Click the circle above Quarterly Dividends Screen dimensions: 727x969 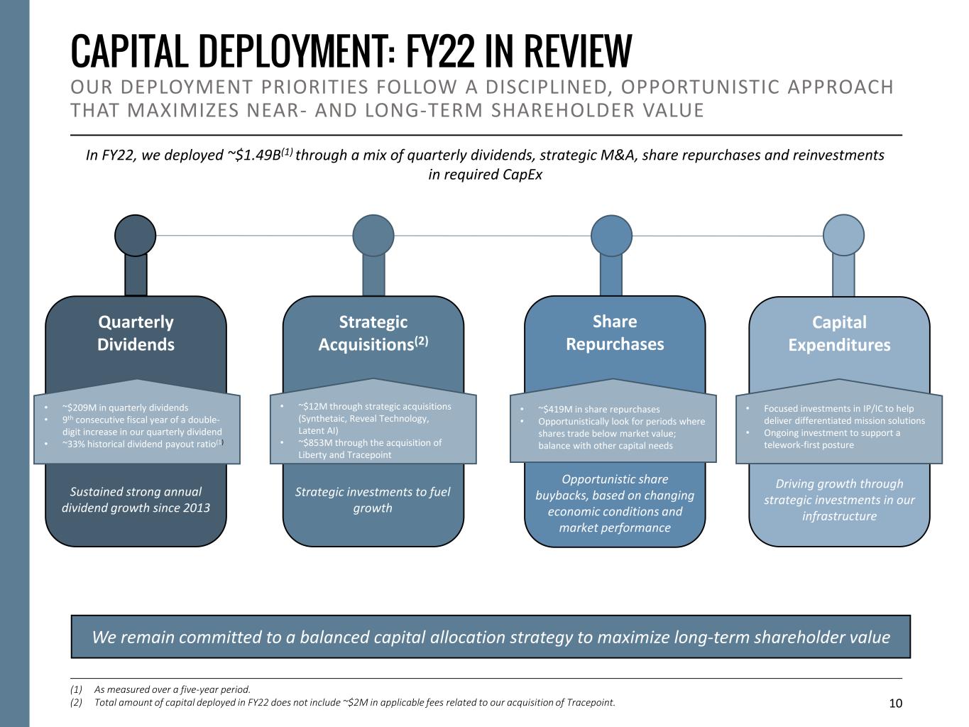(x=135, y=235)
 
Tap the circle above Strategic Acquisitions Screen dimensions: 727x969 (x=373, y=235)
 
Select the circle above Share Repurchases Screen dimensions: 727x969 (x=611, y=235)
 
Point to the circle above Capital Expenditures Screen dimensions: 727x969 (x=843, y=235)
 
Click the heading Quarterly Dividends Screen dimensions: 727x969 (x=136, y=333)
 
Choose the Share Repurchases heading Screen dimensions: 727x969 (x=615, y=332)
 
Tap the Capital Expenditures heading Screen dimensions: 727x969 (x=839, y=333)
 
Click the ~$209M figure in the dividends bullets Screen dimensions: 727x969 (x=79, y=408)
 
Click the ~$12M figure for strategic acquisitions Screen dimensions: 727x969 (x=313, y=406)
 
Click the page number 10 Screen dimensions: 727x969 (x=896, y=703)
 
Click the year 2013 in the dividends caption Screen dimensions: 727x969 (x=195, y=508)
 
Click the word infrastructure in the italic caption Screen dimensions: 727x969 (x=839, y=516)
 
